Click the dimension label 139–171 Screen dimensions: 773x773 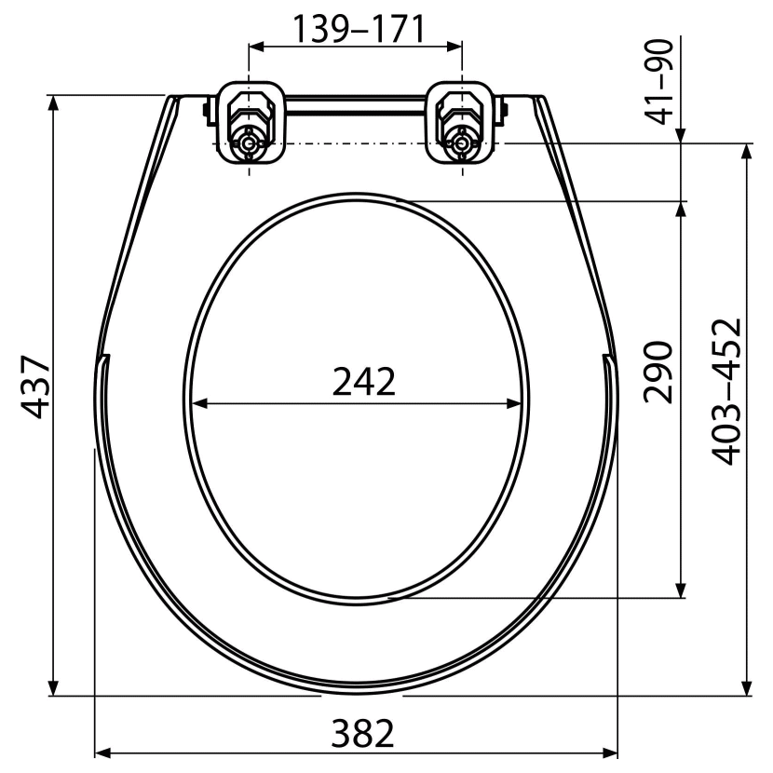tap(359, 29)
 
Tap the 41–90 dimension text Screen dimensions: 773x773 tap(659, 82)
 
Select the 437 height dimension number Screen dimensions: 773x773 tap(35, 386)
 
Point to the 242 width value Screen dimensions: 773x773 tap(364, 381)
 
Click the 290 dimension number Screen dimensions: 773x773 tap(658, 372)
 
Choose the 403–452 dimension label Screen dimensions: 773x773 tap(727, 392)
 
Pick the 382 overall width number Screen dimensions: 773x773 tap(363, 733)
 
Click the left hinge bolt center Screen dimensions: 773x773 tap(249, 144)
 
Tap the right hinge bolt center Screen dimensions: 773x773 tap(462, 144)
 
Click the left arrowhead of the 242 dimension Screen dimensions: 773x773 tap(198, 404)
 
